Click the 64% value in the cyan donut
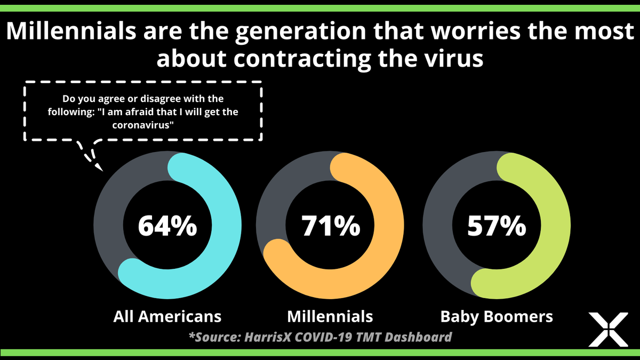[x=167, y=227]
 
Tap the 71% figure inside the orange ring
[x=330, y=227]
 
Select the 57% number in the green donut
[x=497, y=227]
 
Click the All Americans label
[x=167, y=316]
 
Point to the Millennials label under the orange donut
[x=330, y=316]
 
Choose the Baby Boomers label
[x=497, y=316]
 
